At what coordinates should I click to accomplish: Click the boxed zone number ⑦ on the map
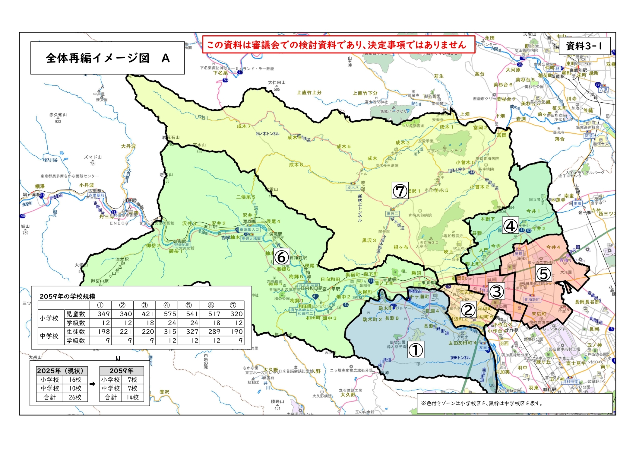tap(400, 190)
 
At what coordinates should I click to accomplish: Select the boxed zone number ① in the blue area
tap(416, 349)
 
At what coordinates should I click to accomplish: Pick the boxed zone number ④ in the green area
tap(510, 225)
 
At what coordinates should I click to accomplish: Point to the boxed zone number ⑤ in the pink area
tap(543, 273)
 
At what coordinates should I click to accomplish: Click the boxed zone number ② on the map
tap(468, 310)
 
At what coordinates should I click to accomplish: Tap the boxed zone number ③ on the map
tap(496, 291)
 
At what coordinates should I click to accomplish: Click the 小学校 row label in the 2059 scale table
tap(49, 318)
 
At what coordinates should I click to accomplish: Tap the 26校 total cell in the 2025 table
tap(75, 397)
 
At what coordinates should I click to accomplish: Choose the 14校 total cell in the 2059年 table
tap(132, 397)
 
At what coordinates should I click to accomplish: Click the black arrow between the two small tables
tap(93, 384)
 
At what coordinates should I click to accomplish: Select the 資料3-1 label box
tap(584, 46)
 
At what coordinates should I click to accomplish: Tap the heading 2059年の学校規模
tap(67, 296)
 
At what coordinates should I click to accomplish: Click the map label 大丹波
tap(128, 146)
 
